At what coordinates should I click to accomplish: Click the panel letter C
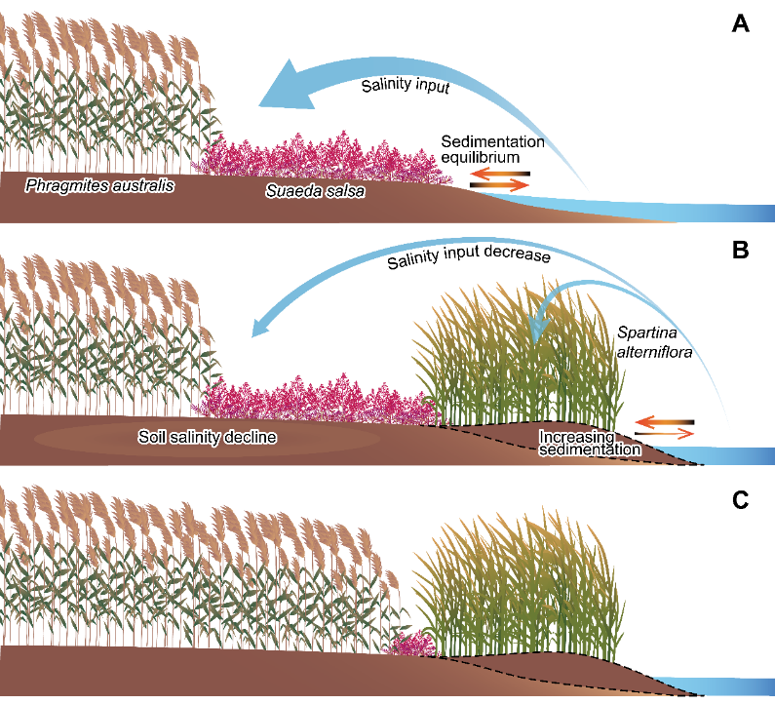click(x=741, y=499)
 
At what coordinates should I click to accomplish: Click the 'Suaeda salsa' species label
click(x=315, y=192)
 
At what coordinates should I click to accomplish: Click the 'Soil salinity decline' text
click(x=206, y=438)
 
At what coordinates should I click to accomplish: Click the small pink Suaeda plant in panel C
click(x=409, y=643)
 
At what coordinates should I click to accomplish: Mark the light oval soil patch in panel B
click(x=206, y=439)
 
